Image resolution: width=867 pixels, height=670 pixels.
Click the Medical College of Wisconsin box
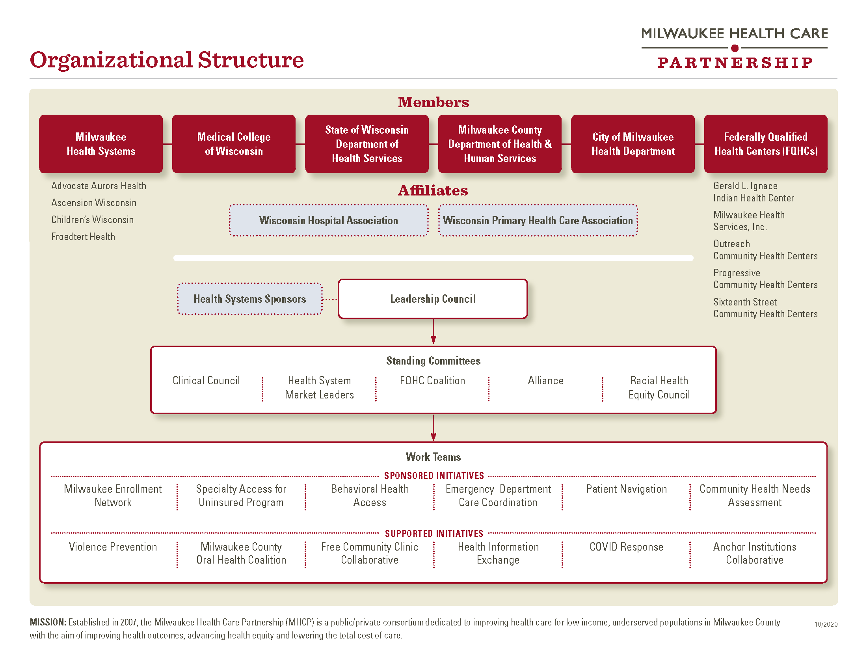point(234,144)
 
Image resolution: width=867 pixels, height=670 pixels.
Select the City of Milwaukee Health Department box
point(633,144)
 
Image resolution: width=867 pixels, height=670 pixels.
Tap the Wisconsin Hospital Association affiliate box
point(329,220)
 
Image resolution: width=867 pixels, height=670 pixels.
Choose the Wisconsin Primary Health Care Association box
point(538,220)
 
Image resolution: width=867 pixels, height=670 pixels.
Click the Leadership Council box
point(433,299)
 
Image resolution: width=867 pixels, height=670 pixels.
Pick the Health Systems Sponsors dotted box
point(250,299)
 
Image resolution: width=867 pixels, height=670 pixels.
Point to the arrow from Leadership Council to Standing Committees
point(433,331)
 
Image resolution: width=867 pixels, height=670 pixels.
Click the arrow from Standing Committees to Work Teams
point(433,428)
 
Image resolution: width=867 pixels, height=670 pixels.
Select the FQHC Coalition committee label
point(432,381)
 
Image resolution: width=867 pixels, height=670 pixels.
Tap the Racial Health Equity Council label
point(659,387)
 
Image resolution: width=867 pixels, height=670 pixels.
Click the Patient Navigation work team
point(627,489)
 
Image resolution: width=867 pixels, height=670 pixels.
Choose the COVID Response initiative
point(627,547)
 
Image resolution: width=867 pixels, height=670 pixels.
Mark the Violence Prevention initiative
point(113,547)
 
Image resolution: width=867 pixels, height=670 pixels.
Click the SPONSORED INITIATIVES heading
point(434,476)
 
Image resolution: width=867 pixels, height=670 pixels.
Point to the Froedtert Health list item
point(83,236)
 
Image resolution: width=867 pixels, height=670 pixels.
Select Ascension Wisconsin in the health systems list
point(94,203)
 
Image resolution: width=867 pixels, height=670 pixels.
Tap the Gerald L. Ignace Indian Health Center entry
point(754,192)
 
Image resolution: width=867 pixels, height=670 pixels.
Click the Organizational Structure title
point(167,60)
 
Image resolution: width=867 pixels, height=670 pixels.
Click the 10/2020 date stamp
point(826,624)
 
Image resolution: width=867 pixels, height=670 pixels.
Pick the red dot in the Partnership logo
point(735,48)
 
